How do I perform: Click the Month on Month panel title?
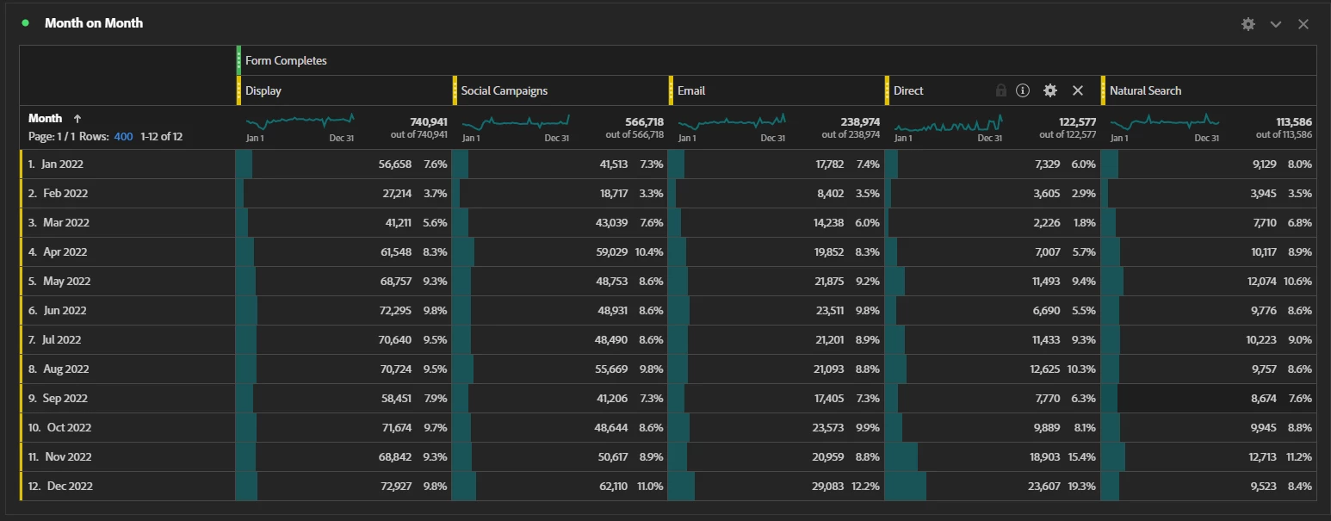(94, 23)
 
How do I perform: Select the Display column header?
(263, 90)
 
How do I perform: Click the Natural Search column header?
(1145, 90)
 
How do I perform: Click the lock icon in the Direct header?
(1000, 90)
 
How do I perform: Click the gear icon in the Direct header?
(1049, 90)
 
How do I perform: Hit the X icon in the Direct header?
(1077, 90)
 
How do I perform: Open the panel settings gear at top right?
(1247, 24)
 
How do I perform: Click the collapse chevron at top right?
(1276, 24)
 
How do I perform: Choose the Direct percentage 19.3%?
(1081, 486)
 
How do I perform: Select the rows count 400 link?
(123, 136)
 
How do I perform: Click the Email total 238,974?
(860, 122)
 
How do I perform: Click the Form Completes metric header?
(286, 60)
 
